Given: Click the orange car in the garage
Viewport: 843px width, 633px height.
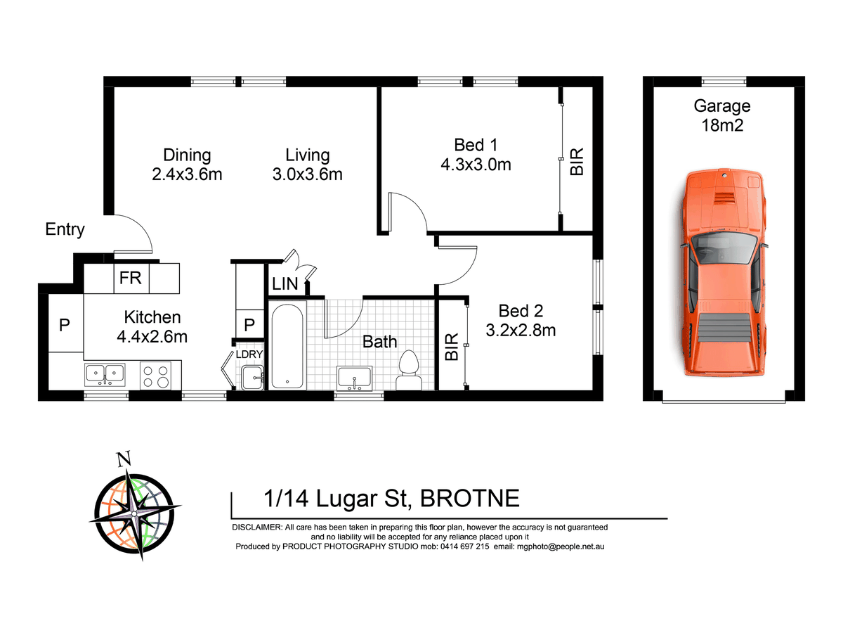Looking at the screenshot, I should click(x=722, y=274).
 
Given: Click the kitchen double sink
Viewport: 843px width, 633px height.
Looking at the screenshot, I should click(x=105, y=374).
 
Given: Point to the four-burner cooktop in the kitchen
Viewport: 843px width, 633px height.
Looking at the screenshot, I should click(x=155, y=374).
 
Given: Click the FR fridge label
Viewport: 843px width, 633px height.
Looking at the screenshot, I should click(x=131, y=278).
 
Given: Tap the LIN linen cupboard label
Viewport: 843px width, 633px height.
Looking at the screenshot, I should click(x=285, y=285).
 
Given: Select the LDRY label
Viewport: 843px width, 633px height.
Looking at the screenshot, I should click(x=249, y=354).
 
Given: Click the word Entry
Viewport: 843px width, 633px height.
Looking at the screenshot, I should click(x=65, y=229).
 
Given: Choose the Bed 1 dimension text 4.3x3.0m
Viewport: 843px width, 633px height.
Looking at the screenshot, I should click(x=476, y=165).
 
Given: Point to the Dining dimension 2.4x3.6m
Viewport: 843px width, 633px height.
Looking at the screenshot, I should click(x=187, y=174).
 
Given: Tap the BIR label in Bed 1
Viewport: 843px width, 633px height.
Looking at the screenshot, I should click(x=577, y=161).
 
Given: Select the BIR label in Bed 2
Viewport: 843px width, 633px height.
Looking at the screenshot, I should click(x=452, y=347).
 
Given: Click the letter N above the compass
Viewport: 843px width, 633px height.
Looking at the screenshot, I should click(x=124, y=460).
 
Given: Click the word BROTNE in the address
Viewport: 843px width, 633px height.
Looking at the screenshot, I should click(x=469, y=499).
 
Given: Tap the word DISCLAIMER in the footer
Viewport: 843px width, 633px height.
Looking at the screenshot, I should click(x=256, y=527).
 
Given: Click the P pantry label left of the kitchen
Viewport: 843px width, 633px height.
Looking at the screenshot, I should click(x=65, y=325).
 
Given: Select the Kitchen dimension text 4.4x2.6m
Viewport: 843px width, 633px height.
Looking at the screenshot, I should click(x=152, y=336).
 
